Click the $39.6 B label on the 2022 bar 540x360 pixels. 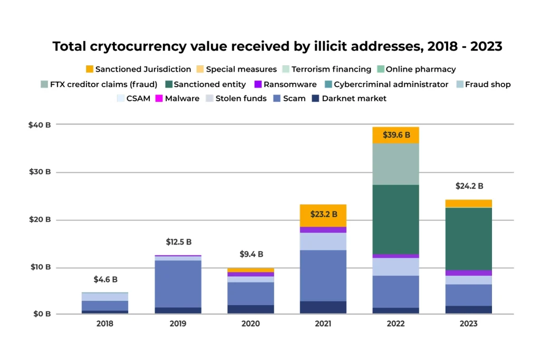[x=396, y=135]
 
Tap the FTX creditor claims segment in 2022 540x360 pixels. [x=396, y=164]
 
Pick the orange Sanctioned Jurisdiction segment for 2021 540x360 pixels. [x=323, y=215]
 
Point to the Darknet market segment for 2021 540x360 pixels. [x=323, y=307]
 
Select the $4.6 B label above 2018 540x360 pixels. [x=105, y=279]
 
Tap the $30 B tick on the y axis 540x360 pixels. [x=40, y=172]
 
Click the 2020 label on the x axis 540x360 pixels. [x=250, y=323]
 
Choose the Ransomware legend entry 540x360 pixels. [x=290, y=84]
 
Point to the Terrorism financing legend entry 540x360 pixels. [x=331, y=69]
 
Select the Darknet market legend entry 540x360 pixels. [x=354, y=99]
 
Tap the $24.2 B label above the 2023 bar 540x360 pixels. [x=469, y=186]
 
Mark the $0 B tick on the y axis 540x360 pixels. [x=40, y=314]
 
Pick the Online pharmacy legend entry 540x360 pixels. [x=420, y=69]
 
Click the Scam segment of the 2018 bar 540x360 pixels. [x=105, y=306]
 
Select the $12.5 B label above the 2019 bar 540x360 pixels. [x=179, y=242]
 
